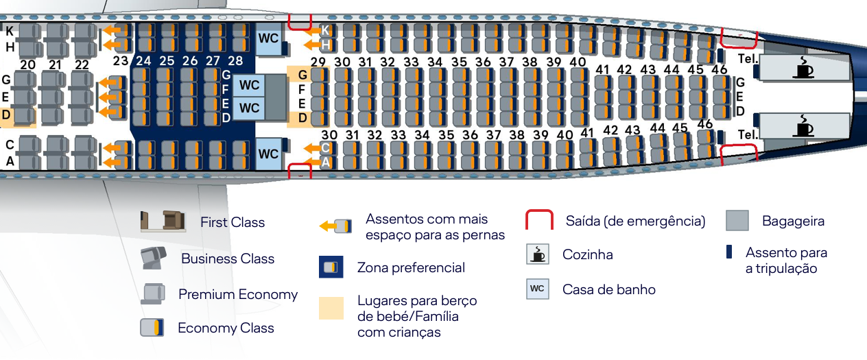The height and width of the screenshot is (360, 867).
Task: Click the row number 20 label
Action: click(x=27, y=64)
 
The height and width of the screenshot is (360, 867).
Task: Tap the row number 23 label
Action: click(x=121, y=60)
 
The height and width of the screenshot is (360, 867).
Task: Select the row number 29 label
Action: click(x=318, y=62)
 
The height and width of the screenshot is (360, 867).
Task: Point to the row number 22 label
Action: click(x=82, y=64)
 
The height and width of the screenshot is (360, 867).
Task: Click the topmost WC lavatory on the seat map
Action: click(x=268, y=37)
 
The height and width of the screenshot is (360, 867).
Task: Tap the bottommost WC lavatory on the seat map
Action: click(x=268, y=154)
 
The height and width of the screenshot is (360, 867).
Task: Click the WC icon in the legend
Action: click(x=537, y=289)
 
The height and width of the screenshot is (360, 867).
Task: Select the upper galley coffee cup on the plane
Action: click(x=803, y=68)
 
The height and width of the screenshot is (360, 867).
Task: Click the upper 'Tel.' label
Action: click(x=747, y=59)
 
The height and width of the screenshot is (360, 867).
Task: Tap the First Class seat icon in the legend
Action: click(x=163, y=221)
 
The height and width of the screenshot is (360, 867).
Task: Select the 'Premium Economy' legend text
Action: click(x=238, y=295)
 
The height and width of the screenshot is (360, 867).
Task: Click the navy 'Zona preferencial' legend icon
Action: click(x=331, y=267)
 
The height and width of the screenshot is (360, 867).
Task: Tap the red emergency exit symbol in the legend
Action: click(x=539, y=220)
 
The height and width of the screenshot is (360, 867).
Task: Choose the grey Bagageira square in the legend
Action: click(x=737, y=220)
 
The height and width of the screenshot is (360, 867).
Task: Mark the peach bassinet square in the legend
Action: click(x=331, y=309)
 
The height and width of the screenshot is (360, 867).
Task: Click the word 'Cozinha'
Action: click(x=587, y=254)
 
